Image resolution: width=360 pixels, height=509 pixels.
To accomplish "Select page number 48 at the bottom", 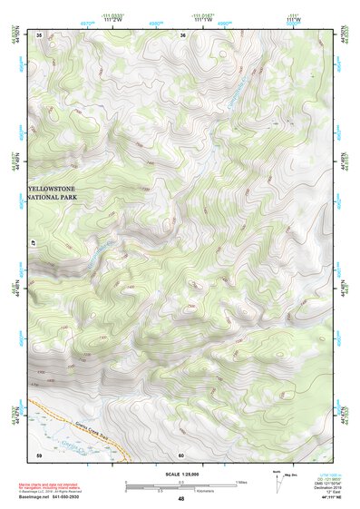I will (180, 499).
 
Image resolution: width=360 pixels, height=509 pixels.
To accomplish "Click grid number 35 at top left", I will (40, 34).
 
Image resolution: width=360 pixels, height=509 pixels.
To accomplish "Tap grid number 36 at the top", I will (183, 34).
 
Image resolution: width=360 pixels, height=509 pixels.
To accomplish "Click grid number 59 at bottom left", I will (39, 455).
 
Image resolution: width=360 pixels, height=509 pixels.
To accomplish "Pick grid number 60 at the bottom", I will (181, 455).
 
